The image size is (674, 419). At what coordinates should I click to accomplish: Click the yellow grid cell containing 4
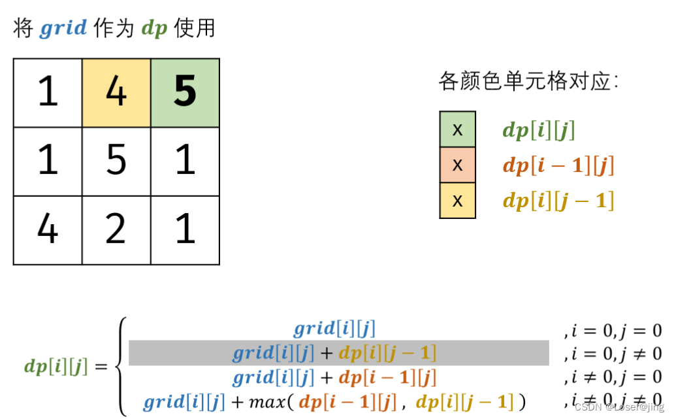pyautogui.click(x=116, y=93)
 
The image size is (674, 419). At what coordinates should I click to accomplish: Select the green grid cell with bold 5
pyautogui.click(x=185, y=93)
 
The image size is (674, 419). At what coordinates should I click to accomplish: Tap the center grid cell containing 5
pyautogui.click(x=116, y=161)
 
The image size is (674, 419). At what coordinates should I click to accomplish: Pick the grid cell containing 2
pyautogui.click(x=116, y=230)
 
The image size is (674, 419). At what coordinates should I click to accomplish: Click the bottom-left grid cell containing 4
pyautogui.click(x=48, y=230)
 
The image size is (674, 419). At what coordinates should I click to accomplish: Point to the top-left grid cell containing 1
pyautogui.click(x=48, y=93)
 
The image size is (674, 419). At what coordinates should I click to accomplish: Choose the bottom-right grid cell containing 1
pyautogui.click(x=185, y=230)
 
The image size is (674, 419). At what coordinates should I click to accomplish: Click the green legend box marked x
pyautogui.click(x=457, y=129)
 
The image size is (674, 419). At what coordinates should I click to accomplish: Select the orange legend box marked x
pyautogui.click(x=457, y=165)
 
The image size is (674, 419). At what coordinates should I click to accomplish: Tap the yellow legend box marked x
pyautogui.click(x=457, y=200)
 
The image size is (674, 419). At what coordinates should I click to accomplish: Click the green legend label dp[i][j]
pyautogui.click(x=538, y=130)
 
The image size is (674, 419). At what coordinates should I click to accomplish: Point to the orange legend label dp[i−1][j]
pyautogui.click(x=558, y=165)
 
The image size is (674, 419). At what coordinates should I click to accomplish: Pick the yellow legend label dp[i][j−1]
pyautogui.click(x=558, y=201)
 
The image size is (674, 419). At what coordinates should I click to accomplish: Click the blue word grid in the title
pyautogui.click(x=63, y=29)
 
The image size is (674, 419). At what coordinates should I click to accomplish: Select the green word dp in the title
pyautogui.click(x=154, y=29)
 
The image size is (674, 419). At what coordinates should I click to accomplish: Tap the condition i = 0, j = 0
pyautogui.click(x=612, y=330)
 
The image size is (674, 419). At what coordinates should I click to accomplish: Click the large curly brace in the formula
pyautogui.click(x=120, y=365)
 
